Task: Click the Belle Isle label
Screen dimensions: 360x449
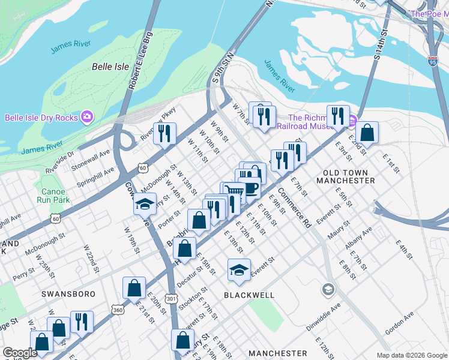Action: (110, 67)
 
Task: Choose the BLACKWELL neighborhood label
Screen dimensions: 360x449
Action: (249, 295)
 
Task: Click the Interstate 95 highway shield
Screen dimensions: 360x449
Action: (433, 61)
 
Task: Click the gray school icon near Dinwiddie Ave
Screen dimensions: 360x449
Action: (328, 290)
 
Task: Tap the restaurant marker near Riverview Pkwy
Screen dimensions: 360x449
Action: (164, 133)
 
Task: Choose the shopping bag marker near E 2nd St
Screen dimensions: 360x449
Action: (367, 133)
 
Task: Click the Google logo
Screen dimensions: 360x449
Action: (20, 353)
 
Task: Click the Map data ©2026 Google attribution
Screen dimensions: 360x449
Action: (411, 355)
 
